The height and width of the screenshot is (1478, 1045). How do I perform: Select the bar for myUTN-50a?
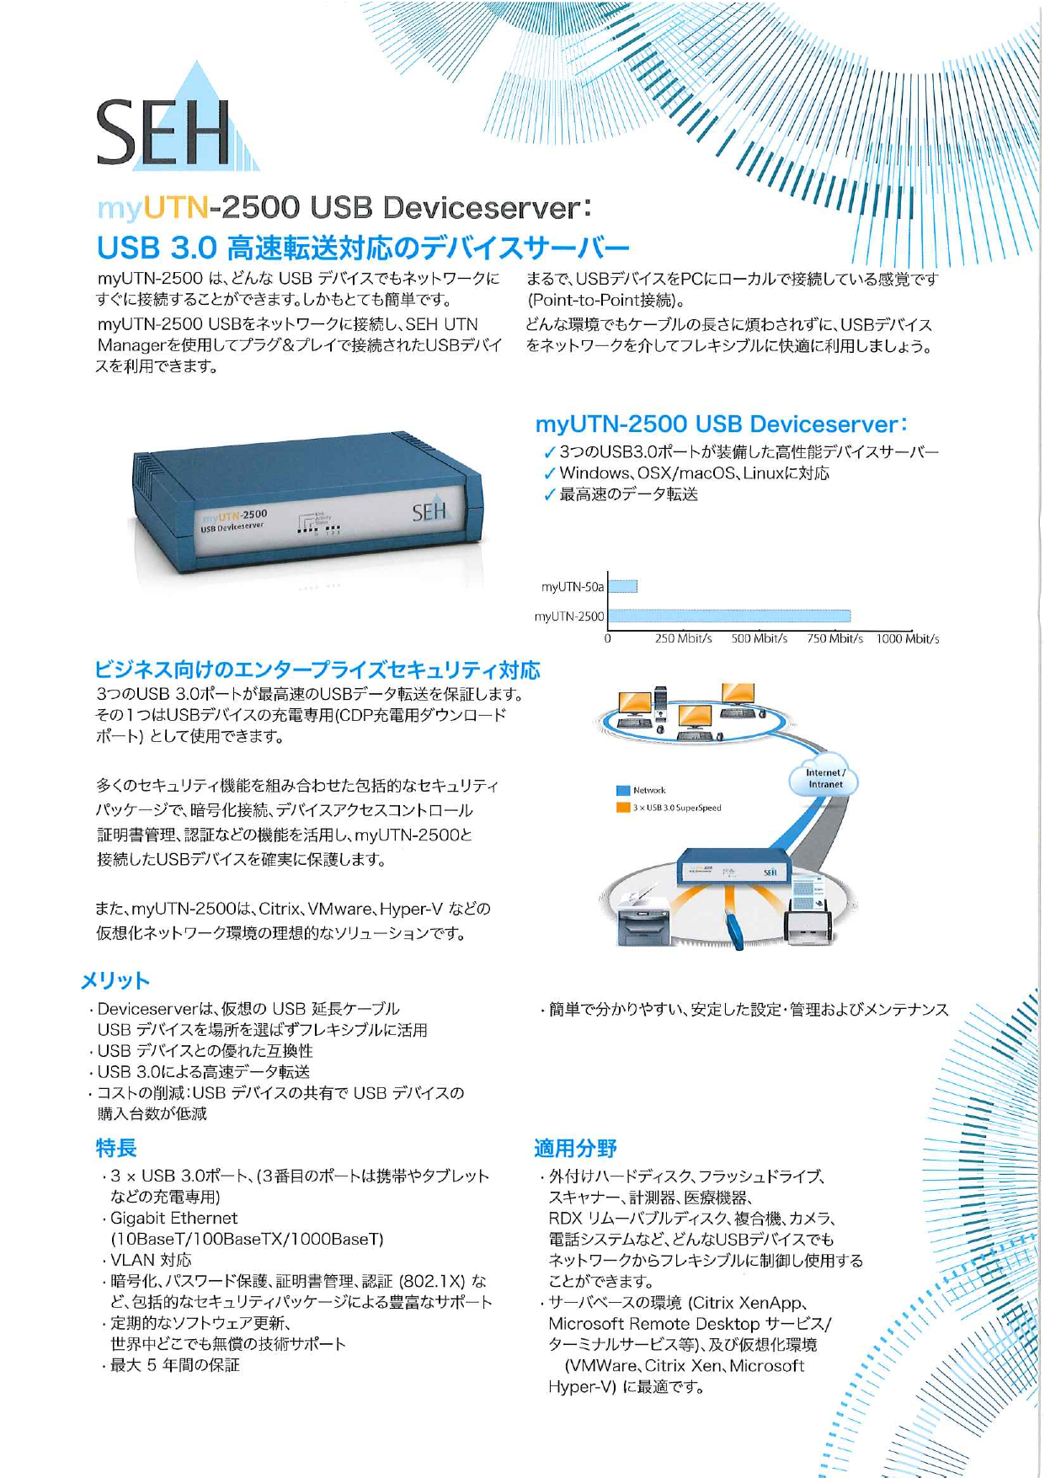click(x=622, y=586)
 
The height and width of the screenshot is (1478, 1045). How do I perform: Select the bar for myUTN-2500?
click(x=728, y=616)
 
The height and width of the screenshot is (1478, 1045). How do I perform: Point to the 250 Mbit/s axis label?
click(x=683, y=638)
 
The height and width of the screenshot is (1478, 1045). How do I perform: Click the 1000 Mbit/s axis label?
click(x=907, y=638)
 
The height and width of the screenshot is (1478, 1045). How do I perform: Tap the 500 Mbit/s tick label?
click(x=759, y=638)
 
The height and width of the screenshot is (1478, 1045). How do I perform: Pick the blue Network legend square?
click(x=623, y=790)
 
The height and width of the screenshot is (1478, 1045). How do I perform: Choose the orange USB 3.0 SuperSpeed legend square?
click(x=623, y=808)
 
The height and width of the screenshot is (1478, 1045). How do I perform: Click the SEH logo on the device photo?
click(x=429, y=511)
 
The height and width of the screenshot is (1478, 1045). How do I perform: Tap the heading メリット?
click(x=115, y=980)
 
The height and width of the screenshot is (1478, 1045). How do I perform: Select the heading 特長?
click(x=116, y=1147)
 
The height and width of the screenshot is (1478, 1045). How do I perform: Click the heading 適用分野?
click(x=575, y=1147)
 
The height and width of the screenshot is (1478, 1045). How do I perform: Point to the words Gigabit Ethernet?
click(x=174, y=1218)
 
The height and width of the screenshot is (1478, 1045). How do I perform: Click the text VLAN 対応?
click(x=152, y=1260)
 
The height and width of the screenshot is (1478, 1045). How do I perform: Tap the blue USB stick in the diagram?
click(x=734, y=926)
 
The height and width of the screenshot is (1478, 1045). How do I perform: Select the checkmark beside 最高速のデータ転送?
click(x=549, y=495)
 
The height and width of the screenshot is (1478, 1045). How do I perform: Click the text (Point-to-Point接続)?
click(x=606, y=301)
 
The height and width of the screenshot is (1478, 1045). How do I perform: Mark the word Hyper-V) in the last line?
click(x=582, y=1386)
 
